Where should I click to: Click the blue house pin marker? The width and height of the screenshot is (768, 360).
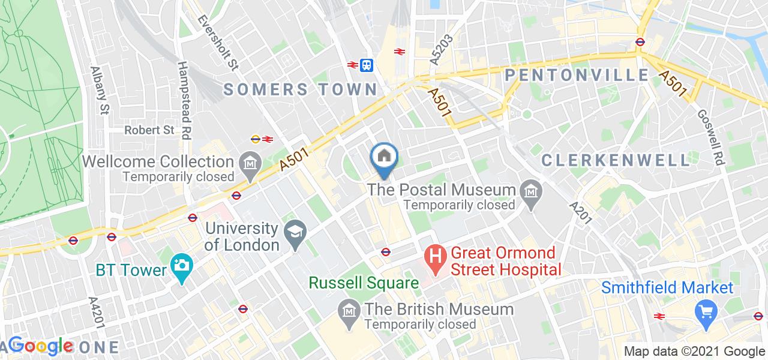click(384, 157)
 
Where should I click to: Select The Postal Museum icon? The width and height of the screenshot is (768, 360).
click(531, 191)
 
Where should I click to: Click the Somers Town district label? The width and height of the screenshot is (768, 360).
click(301, 90)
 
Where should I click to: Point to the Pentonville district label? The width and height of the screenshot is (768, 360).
click(577, 75)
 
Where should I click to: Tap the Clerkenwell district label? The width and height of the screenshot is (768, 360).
click(616, 160)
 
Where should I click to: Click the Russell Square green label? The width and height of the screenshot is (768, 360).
click(364, 282)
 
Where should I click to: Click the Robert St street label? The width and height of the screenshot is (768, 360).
click(149, 130)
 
